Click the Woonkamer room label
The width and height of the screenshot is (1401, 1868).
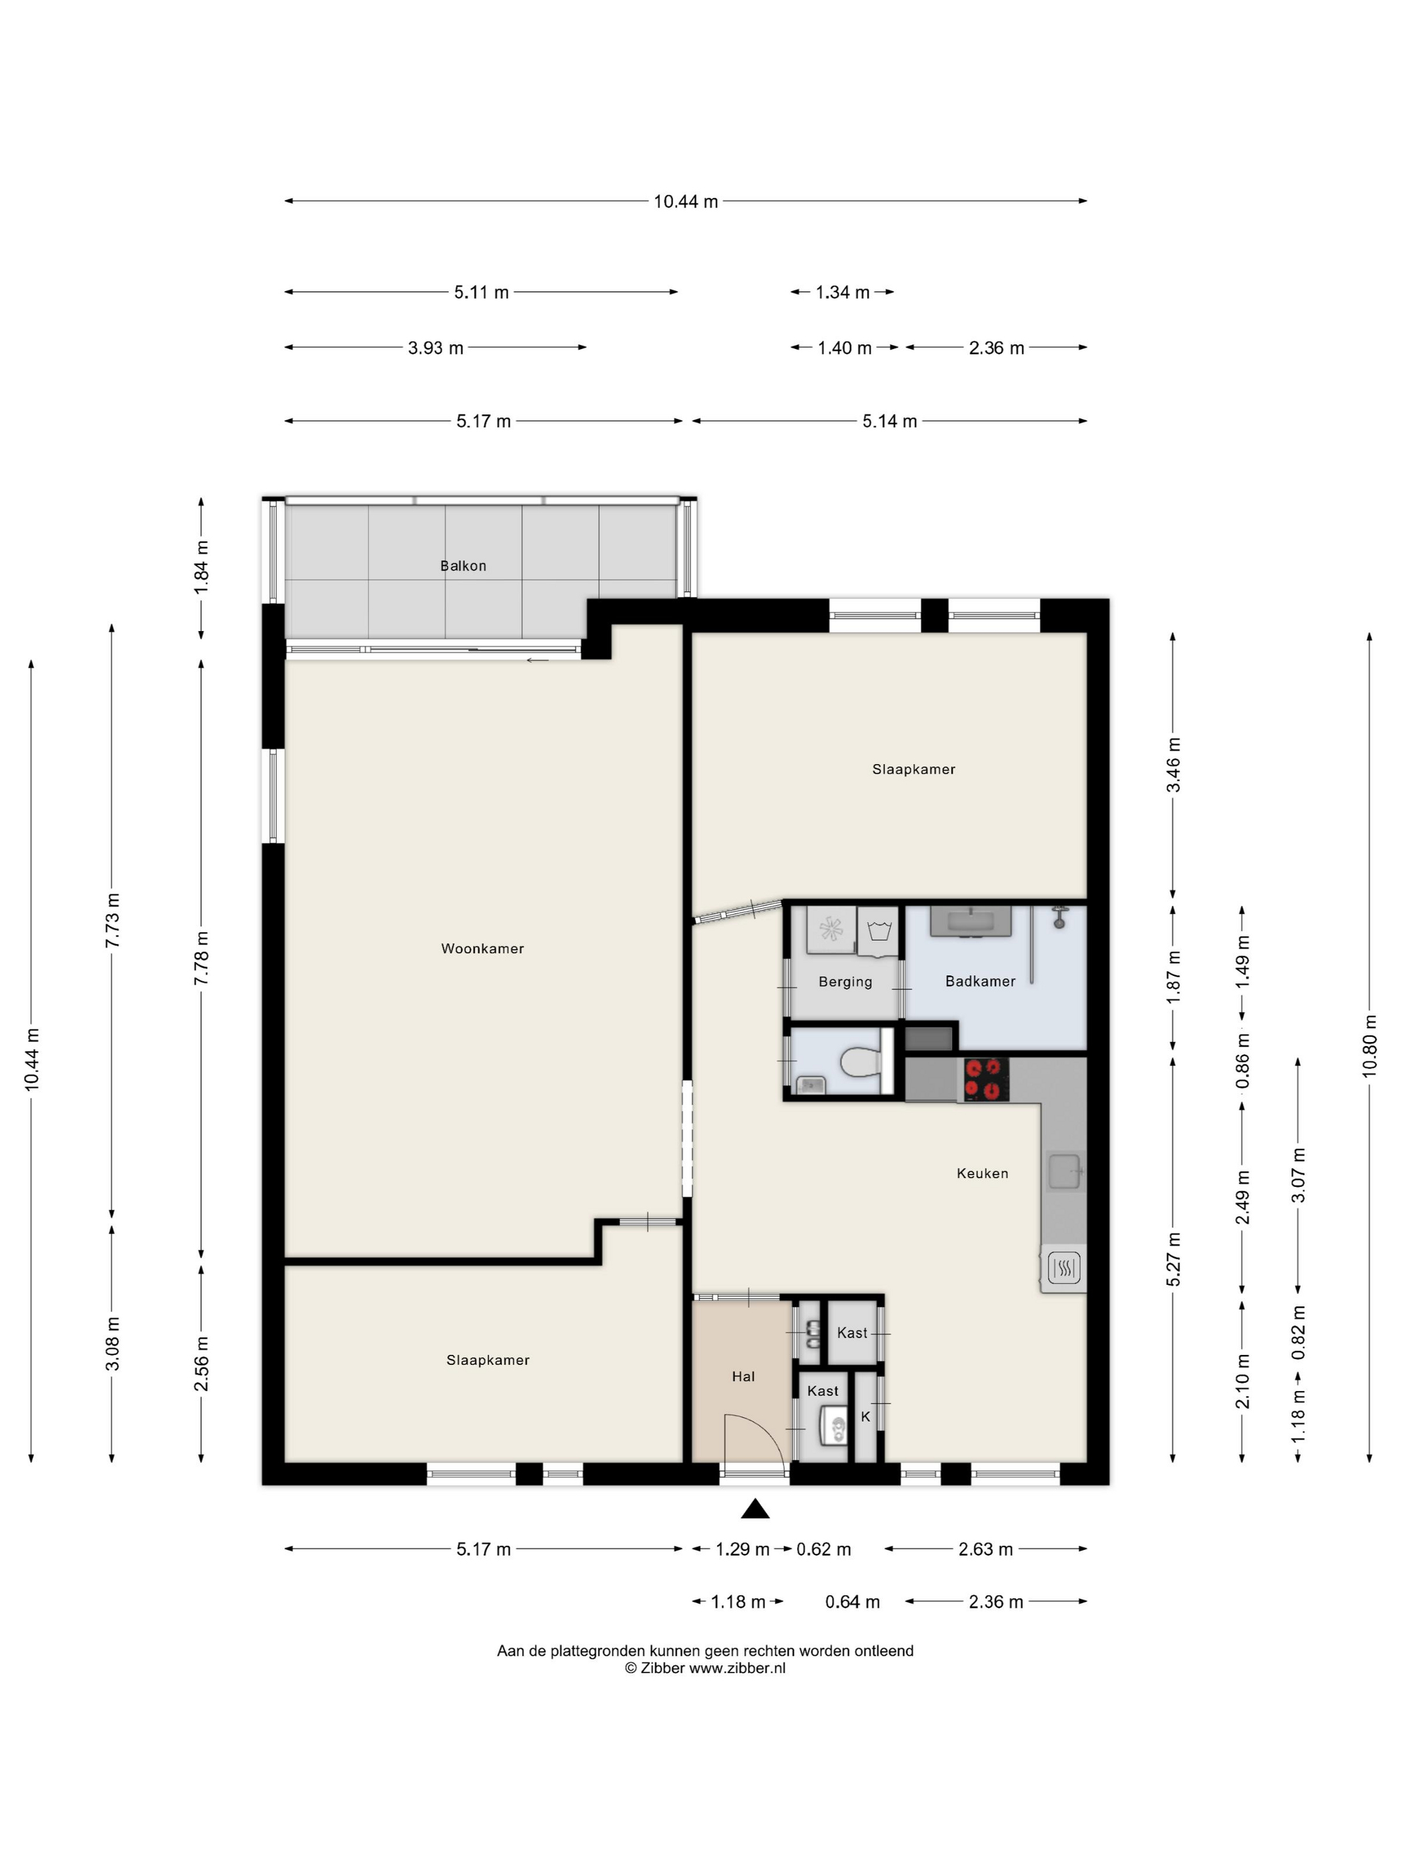click(x=482, y=949)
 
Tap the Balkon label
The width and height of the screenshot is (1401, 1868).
click(x=463, y=566)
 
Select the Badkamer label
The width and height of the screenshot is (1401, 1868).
click(x=979, y=981)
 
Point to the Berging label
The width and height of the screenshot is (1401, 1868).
click(x=845, y=982)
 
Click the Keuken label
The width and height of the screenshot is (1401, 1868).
click(x=982, y=1173)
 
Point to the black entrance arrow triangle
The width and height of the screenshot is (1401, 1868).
click(x=755, y=1509)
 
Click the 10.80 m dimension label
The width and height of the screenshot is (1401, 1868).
click(x=1369, y=1045)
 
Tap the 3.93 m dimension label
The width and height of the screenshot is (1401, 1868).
click(x=436, y=348)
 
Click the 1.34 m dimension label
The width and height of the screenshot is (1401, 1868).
click(x=842, y=292)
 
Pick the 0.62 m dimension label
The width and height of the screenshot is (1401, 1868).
click(x=823, y=1550)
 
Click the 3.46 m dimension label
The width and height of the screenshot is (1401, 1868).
click(x=1173, y=765)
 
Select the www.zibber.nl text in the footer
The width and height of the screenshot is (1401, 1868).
click(x=737, y=1668)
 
